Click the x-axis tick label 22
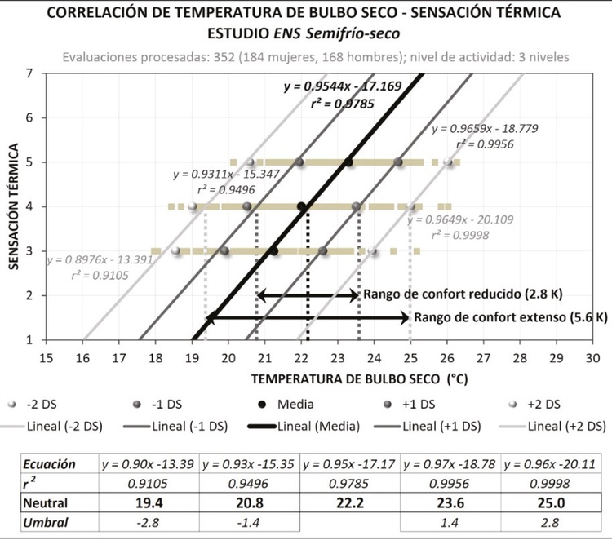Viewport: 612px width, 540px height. click(301, 358)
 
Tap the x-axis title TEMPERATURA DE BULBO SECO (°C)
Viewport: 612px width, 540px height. click(349, 380)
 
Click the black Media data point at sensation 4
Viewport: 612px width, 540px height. click(301, 206)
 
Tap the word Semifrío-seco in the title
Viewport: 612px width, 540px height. click(353, 34)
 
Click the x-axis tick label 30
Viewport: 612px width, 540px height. click(593, 358)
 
